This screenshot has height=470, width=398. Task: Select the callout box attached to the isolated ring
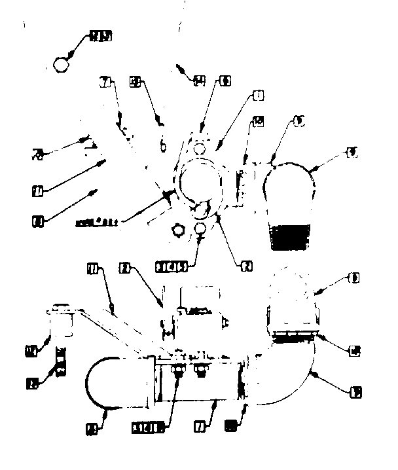[100, 36]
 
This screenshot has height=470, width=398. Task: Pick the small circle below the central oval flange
[201, 229]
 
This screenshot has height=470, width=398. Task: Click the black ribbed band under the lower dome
[294, 336]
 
